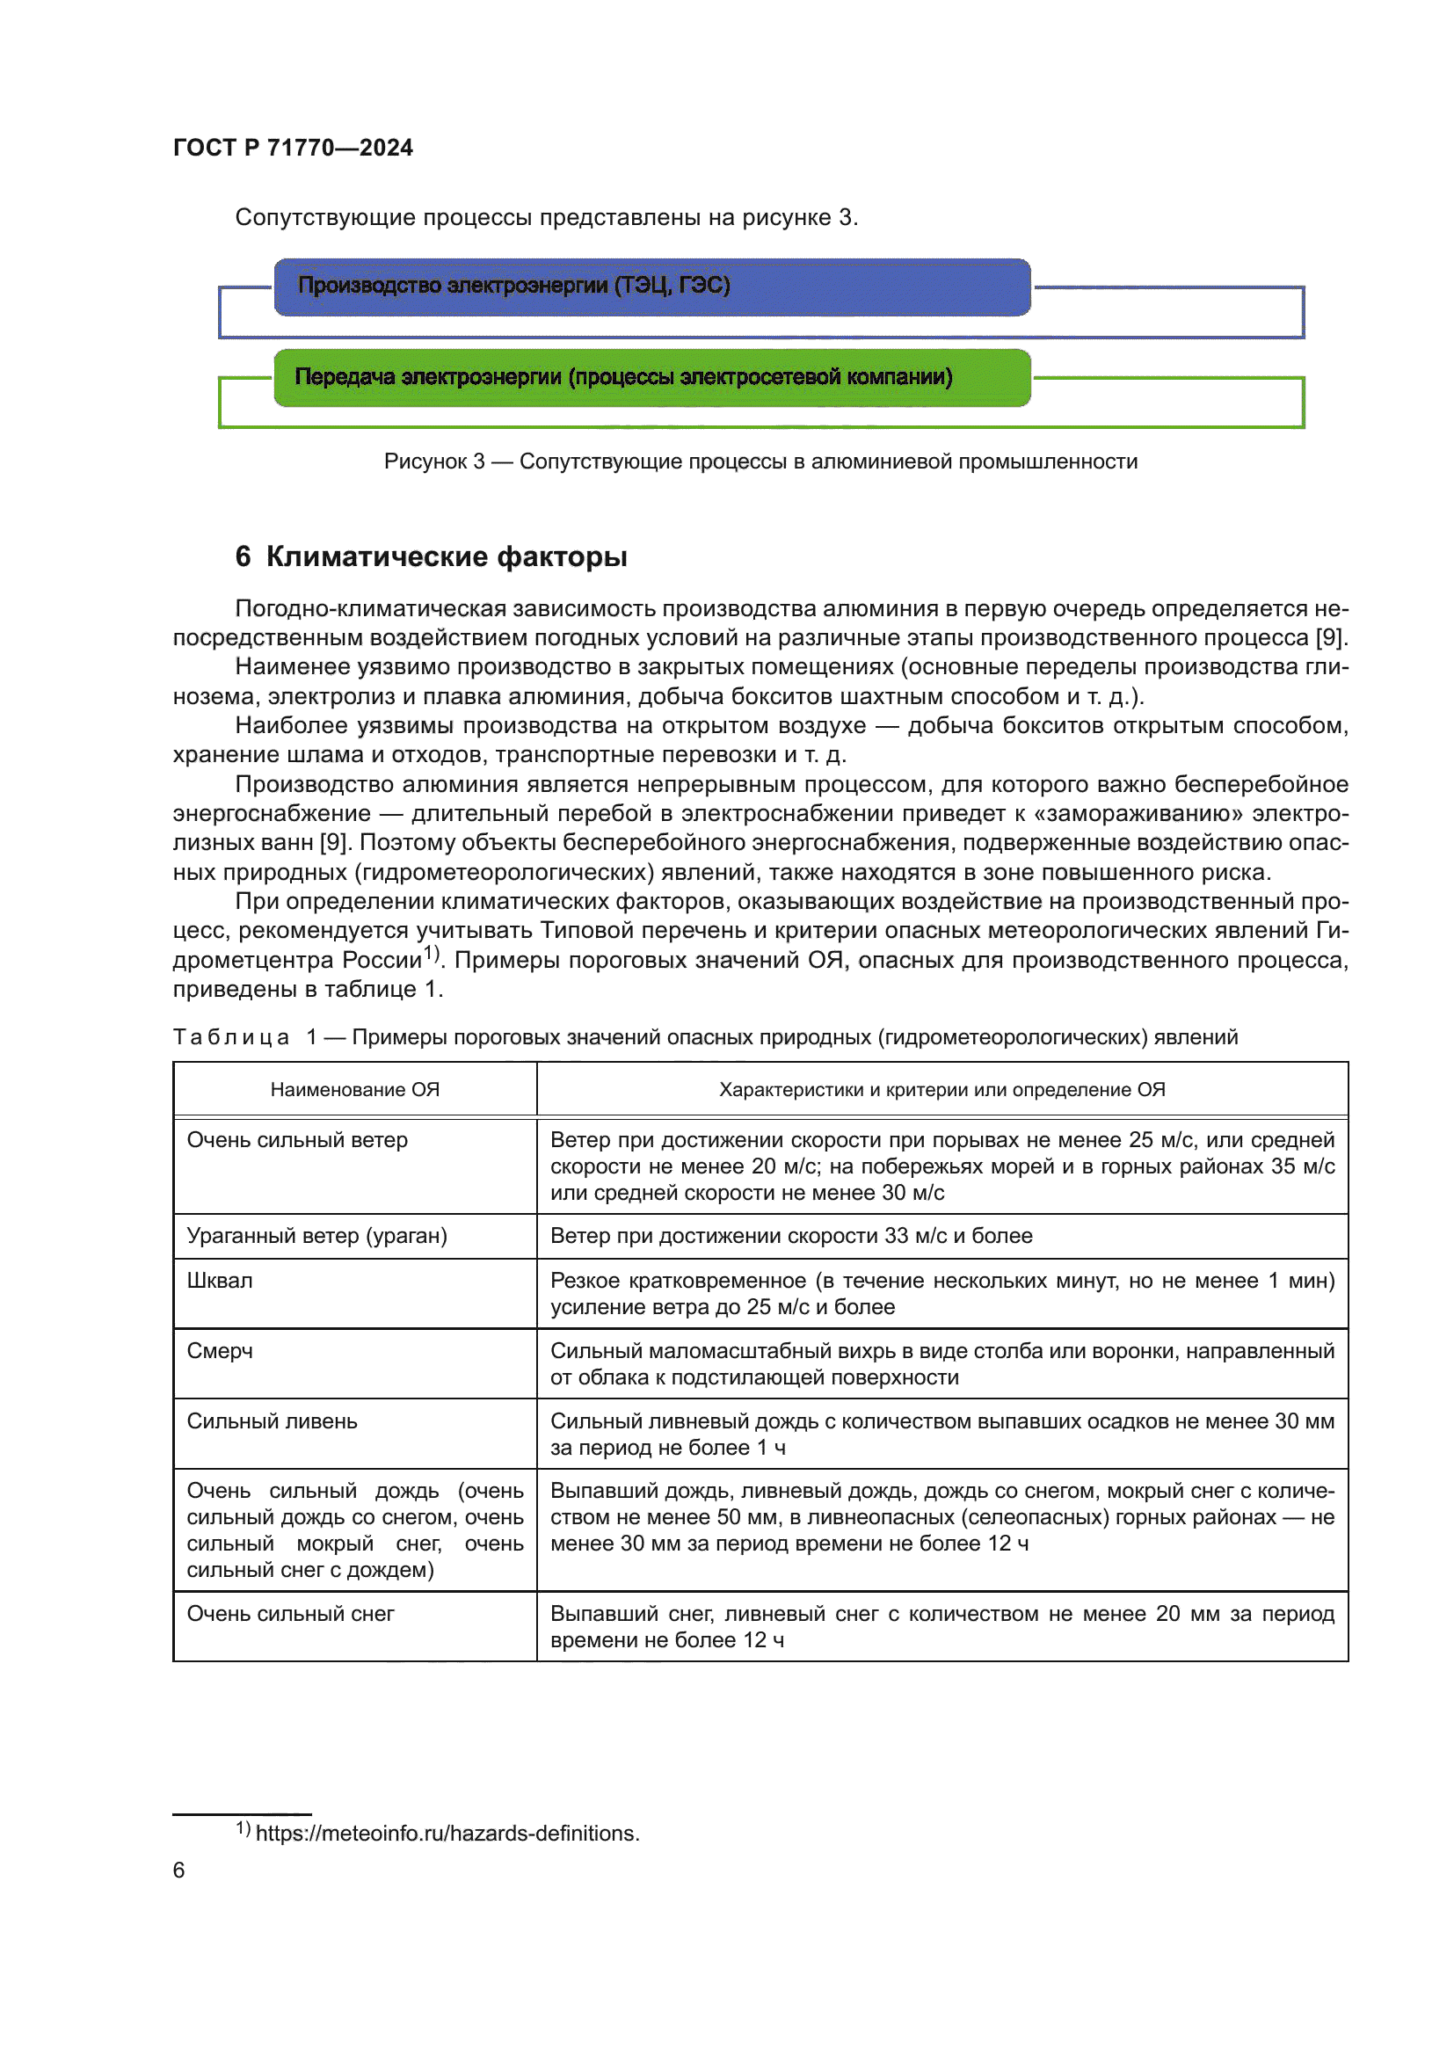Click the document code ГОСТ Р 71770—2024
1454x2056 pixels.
point(293,148)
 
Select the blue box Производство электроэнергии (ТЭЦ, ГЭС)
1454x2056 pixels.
point(651,287)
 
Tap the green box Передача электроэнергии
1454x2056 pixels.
point(651,377)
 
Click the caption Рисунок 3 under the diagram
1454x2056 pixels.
point(760,461)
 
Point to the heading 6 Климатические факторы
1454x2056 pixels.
point(431,556)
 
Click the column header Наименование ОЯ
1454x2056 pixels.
point(354,1089)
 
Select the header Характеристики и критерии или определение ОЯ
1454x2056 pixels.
point(941,1089)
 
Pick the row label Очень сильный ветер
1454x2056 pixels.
point(297,1140)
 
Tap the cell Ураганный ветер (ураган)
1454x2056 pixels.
point(317,1236)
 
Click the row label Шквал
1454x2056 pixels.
point(221,1281)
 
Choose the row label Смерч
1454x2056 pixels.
point(221,1350)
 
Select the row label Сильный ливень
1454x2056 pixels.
point(273,1421)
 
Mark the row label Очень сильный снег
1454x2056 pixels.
point(291,1614)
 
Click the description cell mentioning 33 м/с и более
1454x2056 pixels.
point(791,1236)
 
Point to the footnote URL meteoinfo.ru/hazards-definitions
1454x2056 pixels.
point(447,1833)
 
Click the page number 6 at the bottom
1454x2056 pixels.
point(179,1870)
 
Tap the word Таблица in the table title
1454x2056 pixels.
point(231,1037)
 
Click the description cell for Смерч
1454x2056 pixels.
point(941,1364)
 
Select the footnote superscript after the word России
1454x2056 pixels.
point(432,953)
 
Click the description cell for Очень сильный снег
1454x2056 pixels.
point(941,1626)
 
